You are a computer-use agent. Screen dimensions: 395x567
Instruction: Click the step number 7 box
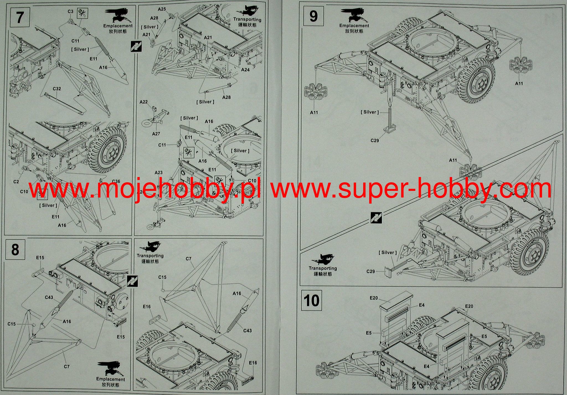(x=19, y=17)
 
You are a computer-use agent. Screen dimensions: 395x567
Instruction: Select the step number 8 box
(x=15, y=250)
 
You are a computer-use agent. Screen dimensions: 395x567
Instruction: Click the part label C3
(x=70, y=11)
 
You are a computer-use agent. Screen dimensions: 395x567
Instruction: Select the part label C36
(x=116, y=181)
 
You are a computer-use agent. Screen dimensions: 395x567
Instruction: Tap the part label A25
(x=162, y=9)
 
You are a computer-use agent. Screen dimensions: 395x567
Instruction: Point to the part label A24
(x=245, y=70)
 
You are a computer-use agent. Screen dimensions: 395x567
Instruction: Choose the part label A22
(x=143, y=102)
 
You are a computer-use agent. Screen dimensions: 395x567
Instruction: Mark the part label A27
(x=156, y=134)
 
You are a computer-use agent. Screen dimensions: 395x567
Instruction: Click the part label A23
(x=158, y=173)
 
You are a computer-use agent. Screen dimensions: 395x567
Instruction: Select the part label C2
(x=16, y=181)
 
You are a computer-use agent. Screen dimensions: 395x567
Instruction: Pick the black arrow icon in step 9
(x=376, y=218)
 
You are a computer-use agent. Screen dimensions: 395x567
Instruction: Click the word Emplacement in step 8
(x=110, y=379)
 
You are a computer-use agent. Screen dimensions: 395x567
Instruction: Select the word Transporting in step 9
(x=323, y=268)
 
